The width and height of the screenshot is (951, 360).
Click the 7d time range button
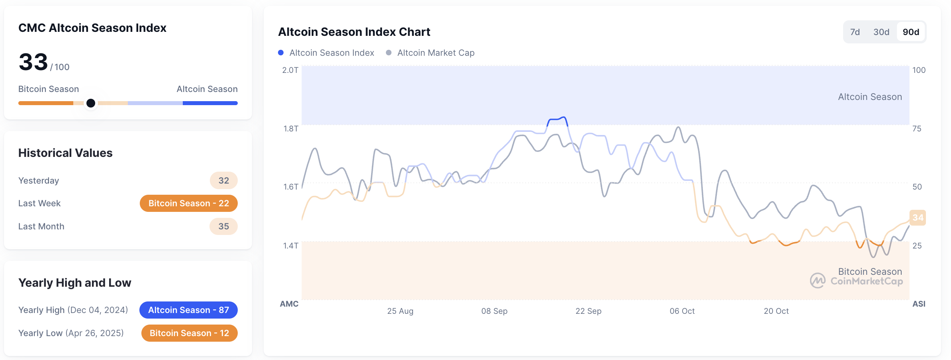[x=855, y=32]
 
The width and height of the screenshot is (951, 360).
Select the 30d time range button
[x=881, y=32]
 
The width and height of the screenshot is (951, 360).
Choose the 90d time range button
[x=911, y=32]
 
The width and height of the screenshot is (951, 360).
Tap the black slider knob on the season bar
[x=91, y=103]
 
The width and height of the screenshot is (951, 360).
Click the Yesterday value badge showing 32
[x=223, y=180]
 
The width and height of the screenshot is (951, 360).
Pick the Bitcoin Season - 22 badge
[x=188, y=203]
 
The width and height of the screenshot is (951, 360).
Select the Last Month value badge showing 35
[x=223, y=226]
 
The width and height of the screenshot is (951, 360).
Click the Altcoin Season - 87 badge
[x=188, y=310]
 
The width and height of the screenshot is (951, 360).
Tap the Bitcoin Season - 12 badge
[x=189, y=333]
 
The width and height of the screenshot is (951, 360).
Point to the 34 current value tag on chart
[x=918, y=217]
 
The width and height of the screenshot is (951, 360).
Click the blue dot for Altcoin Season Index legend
[x=281, y=53]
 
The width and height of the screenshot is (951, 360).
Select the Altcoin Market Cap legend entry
[x=435, y=53]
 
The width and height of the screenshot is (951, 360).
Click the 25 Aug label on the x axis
[x=400, y=311]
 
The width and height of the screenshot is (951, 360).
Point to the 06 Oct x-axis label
[x=682, y=311]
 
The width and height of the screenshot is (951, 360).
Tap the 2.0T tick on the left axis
[x=290, y=70]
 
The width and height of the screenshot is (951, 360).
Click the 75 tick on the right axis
[x=917, y=129]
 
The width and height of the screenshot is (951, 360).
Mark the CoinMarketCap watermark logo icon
[x=818, y=280]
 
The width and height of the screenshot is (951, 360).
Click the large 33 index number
[x=33, y=62]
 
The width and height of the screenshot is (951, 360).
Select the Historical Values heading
[x=65, y=153]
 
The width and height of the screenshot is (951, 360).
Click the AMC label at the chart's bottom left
[x=289, y=304]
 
